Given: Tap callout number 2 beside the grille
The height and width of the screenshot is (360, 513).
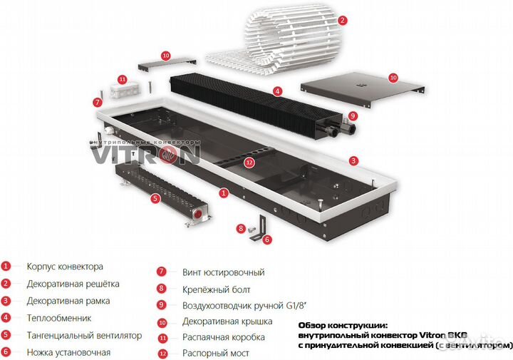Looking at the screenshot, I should click(343, 21).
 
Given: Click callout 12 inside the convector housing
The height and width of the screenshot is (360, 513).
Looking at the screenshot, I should click(249, 162).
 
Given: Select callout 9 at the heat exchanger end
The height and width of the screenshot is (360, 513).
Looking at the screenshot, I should click(353, 115).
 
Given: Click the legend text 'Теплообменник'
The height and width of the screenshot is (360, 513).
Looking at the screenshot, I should click(58, 318).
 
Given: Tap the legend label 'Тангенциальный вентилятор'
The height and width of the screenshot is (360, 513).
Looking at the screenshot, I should click(84, 335).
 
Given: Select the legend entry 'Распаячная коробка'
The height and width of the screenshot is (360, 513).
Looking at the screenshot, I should click(214, 337).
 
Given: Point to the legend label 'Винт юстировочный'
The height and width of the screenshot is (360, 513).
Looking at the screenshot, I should click(214, 272).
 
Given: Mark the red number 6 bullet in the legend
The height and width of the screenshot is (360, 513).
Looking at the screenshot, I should click(6, 352).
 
